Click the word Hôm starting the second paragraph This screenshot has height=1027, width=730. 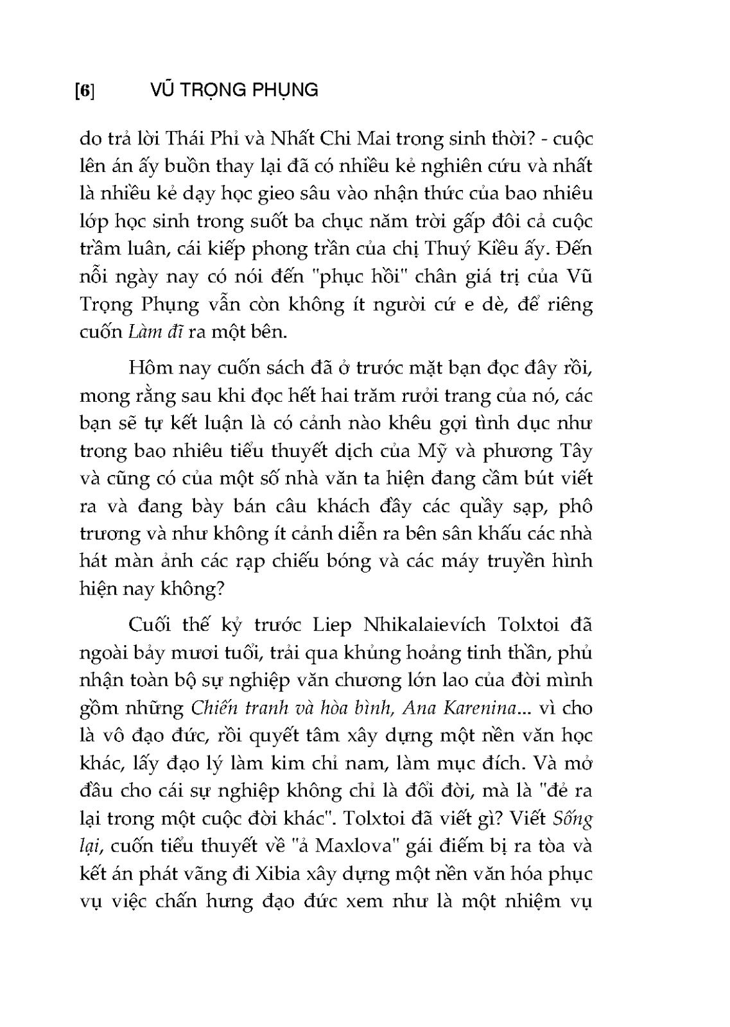tap(148, 368)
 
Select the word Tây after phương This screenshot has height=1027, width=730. tap(571, 451)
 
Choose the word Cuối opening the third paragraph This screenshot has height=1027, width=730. tap(150, 625)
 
